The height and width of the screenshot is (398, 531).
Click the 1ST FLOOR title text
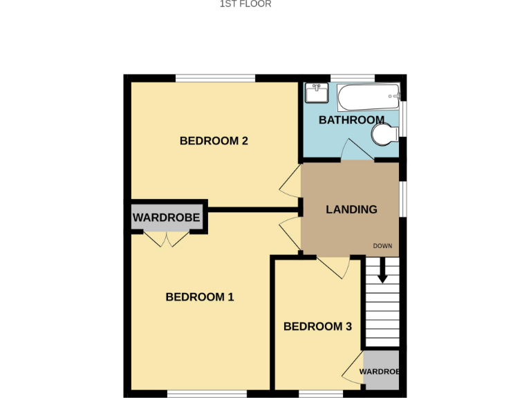(x=245, y=4)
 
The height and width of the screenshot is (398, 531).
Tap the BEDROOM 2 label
(x=214, y=141)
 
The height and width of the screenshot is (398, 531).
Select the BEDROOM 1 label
(x=200, y=297)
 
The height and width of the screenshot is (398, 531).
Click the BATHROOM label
(x=351, y=120)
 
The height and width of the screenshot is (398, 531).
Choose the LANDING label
(x=351, y=209)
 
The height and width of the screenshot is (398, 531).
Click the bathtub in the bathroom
(x=368, y=97)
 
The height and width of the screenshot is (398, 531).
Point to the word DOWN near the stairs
(x=382, y=246)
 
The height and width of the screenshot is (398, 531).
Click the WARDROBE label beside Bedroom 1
(x=166, y=218)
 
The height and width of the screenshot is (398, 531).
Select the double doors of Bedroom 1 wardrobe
(x=167, y=239)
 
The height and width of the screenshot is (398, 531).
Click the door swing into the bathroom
(x=357, y=150)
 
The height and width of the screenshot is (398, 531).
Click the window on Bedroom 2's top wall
(x=215, y=78)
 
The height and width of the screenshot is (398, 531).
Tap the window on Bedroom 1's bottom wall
(x=207, y=394)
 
